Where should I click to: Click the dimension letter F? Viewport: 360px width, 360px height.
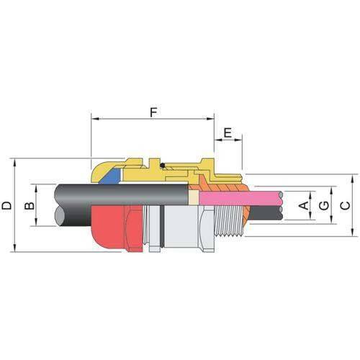[x=153, y=113]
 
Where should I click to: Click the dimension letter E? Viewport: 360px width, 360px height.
[x=228, y=134]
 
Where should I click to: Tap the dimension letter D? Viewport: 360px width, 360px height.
[x=6, y=205]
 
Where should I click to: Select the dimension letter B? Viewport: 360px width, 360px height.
[x=29, y=206]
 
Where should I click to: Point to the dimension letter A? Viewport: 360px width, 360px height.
[x=304, y=206]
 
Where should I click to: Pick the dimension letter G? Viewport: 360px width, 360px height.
[x=324, y=206]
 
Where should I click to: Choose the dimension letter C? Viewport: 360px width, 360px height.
[x=345, y=206]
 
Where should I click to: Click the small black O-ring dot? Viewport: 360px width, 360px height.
[x=163, y=167]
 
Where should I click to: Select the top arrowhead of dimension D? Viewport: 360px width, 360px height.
[x=13, y=161]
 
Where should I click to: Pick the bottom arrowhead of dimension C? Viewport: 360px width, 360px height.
[x=352, y=234]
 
